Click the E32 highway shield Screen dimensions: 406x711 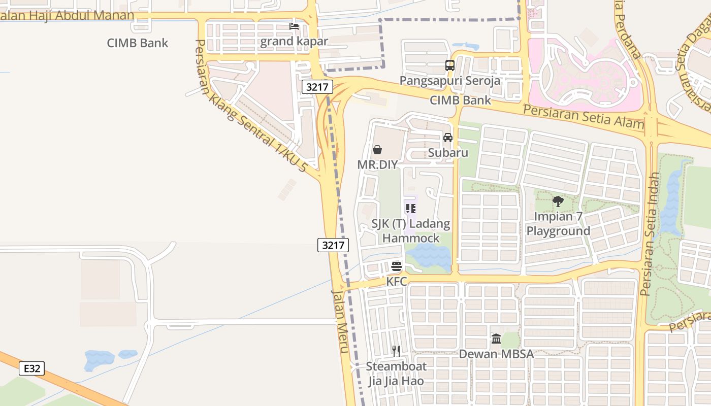(31, 368)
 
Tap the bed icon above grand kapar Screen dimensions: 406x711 (294, 26)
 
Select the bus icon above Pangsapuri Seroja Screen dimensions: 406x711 (449, 65)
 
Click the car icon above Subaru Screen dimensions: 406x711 (447, 137)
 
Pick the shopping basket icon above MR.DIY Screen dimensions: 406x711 (377, 149)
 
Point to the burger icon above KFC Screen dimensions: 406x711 (397, 266)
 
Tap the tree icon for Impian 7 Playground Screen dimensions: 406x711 (558, 201)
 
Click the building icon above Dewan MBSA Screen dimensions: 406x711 (496, 339)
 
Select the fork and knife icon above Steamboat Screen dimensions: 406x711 (396, 351)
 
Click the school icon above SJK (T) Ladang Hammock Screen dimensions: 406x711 (410, 208)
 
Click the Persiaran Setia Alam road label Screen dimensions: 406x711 (584, 117)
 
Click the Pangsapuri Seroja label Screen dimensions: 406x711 (449, 81)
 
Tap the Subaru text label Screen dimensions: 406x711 (447, 152)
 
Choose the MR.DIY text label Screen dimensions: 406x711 (377, 164)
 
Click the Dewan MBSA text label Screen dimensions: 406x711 (496, 354)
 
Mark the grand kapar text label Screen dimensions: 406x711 (294, 42)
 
